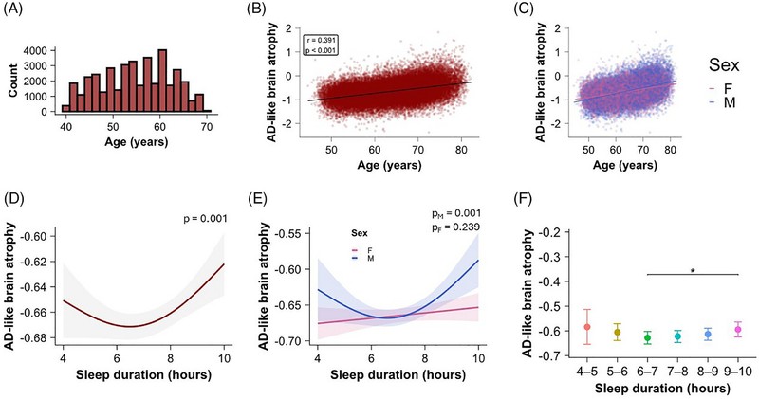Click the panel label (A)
13,10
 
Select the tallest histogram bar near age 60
162,81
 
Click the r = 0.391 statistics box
320,45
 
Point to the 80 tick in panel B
461,150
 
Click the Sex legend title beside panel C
724,64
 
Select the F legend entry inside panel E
362,250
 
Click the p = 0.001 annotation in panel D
206,219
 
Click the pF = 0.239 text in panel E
456,227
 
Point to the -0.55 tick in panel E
288,233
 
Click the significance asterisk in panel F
693,271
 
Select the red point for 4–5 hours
587,327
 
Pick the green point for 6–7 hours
648,338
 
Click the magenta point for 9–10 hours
738,330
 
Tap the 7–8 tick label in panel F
677,372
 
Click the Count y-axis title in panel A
13,81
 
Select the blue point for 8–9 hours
708,335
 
